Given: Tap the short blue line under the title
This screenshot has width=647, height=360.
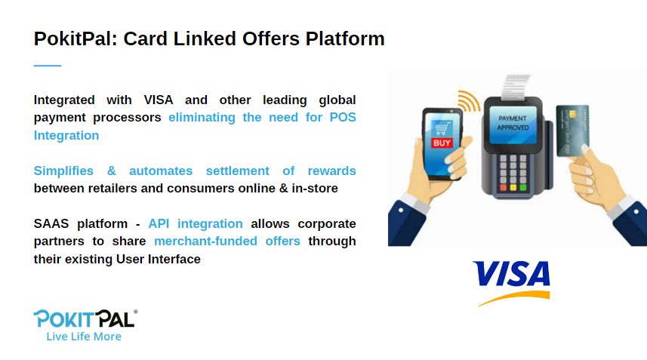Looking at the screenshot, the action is (x=48, y=66).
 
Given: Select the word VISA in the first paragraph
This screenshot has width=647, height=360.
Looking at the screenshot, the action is (x=159, y=100).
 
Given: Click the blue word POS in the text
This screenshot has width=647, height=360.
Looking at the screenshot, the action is (x=343, y=117).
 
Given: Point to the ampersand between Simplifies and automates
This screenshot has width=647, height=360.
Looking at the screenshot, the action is (x=112, y=171).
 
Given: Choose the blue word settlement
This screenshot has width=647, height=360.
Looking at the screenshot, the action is (x=238, y=171).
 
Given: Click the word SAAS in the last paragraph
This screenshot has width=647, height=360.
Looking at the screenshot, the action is (x=51, y=223).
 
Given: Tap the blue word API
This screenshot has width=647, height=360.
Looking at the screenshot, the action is (x=159, y=223).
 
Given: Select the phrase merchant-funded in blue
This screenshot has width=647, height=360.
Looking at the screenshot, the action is (x=205, y=241).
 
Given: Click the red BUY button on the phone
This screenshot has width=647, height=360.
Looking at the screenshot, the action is (x=442, y=143).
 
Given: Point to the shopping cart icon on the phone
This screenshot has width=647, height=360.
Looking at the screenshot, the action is (x=442, y=129).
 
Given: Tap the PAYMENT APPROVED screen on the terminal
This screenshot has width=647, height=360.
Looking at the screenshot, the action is (x=513, y=124).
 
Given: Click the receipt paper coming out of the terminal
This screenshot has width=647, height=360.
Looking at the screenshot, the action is (x=516, y=88).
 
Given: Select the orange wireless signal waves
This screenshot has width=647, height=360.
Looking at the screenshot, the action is (x=469, y=101).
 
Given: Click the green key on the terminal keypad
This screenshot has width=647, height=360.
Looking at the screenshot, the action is (x=523, y=188).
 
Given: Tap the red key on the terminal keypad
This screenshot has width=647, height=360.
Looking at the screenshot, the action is (x=504, y=188).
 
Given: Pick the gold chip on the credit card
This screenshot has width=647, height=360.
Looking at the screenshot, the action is (x=572, y=114).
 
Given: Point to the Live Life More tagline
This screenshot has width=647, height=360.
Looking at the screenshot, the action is (x=84, y=337).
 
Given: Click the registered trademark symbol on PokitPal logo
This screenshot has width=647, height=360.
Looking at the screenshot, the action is (x=136, y=312).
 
